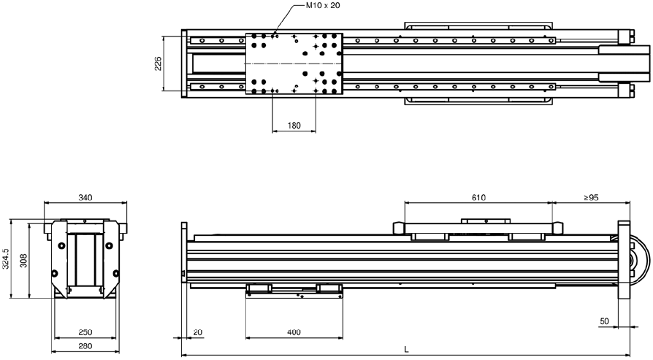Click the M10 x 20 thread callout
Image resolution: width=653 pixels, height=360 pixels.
(323, 5)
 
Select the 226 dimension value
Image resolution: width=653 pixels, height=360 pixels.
(159, 64)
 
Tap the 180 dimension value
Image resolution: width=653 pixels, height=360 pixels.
(294, 126)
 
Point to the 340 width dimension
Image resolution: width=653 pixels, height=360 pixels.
(85, 197)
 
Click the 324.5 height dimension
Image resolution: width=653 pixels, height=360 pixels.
(5, 259)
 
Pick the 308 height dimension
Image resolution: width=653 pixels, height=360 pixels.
(23, 261)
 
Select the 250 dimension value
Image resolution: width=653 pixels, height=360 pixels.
(85, 332)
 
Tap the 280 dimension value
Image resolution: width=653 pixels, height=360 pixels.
(85, 346)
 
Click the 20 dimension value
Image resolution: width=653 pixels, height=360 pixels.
(198, 332)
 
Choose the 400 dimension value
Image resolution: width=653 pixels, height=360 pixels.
(294, 332)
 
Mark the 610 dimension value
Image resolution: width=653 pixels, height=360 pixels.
(478, 197)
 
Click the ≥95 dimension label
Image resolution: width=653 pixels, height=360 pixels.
(590, 197)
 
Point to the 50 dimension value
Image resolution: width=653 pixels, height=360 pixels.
(604, 321)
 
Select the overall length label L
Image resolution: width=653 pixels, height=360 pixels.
(406, 350)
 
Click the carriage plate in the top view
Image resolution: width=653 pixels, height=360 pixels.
(294, 64)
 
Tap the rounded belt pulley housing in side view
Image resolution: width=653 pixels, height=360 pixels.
(641, 260)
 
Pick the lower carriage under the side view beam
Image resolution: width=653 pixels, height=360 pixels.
(294, 291)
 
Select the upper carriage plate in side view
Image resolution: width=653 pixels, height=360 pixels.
(478, 228)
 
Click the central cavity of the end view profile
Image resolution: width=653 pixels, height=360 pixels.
(85, 259)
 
